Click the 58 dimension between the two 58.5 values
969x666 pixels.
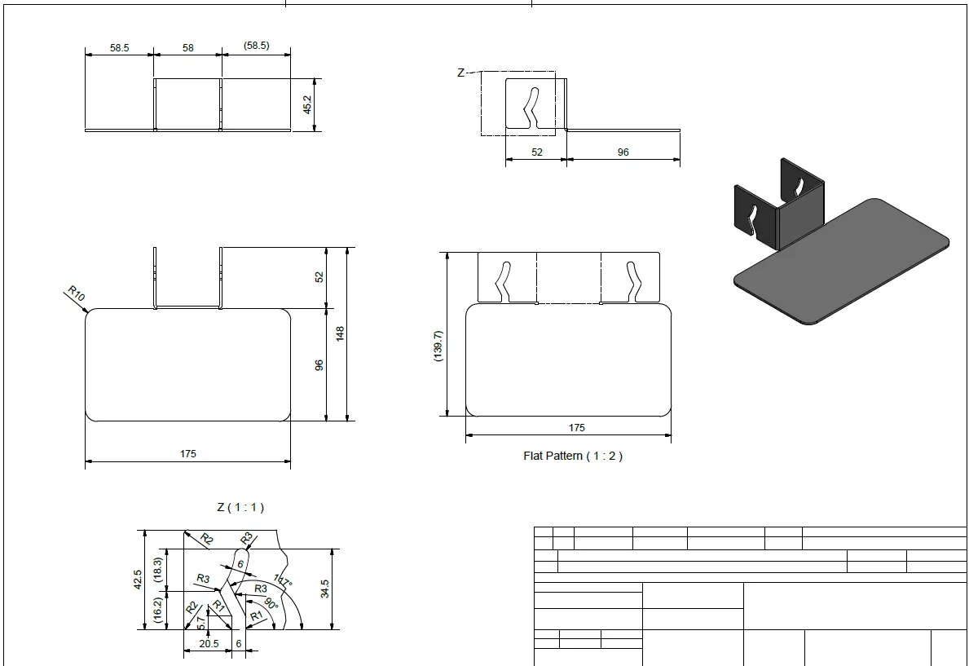(188, 47)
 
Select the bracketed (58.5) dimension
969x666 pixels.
(256, 46)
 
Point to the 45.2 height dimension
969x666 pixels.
(307, 104)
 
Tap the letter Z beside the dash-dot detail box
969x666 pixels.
(460, 73)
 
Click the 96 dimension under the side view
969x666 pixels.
(623, 152)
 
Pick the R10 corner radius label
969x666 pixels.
(76, 293)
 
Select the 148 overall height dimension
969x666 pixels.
(340, 334)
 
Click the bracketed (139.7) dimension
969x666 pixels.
(438, 346)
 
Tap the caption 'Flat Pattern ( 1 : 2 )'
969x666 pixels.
(573, 456)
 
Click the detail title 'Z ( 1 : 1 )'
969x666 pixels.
(240, 507)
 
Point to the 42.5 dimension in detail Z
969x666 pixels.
(138, 580)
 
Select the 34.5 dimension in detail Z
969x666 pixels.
(325, 589)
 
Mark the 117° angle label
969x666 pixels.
(283, 581)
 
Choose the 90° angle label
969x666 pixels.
(271, 603)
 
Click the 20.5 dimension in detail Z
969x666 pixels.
(209, 644)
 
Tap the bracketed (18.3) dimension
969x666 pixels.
(157, 570)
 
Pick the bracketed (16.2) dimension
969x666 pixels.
(157, 610)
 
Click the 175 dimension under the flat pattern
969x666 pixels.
(576, 427)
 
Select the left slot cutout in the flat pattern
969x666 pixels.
(503, 283)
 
